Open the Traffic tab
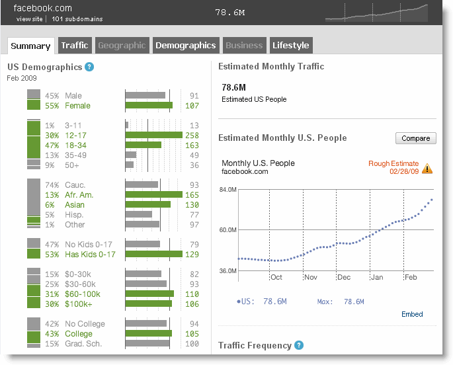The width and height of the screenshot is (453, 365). (x=75, y=46)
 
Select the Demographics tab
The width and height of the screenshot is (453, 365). (x=186, y=46)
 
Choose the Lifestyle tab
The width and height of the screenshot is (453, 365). (x=291, y=46)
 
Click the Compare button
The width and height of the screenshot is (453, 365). (x=416, y=138)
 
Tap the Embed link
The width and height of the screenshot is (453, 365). (x=412, y=314)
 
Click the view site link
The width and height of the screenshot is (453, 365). (x=30, y=19)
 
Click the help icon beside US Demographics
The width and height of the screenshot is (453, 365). (x=89, y=67)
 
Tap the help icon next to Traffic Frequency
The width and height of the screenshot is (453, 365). (x=299, y=345)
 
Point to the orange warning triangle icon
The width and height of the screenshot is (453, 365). (x=427, y=169)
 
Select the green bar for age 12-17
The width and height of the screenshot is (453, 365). (x=154, y=135)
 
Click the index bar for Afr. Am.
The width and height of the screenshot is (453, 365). (x=154, y=194)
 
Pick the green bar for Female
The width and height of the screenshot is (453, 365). (x=149, y=105)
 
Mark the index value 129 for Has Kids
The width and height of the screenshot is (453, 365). (x=192, y=255)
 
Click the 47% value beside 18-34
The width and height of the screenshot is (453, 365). (x=52, y=145)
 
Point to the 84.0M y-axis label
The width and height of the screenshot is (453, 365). (x=228, y=190)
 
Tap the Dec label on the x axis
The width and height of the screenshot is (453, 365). (x=344, y=277)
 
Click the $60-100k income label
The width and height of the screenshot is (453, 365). (x=83, y=294)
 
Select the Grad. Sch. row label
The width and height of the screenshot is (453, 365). (x=83, y=344)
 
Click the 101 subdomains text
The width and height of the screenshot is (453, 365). (x=77, y=19)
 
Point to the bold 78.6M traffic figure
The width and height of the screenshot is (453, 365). (x=233, y=87)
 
